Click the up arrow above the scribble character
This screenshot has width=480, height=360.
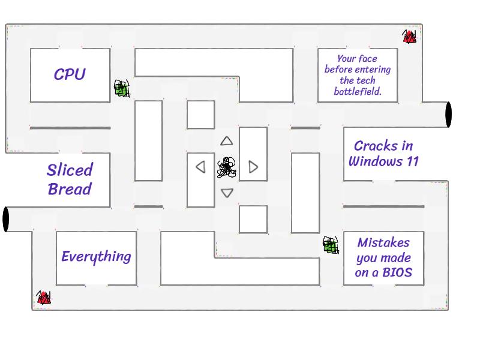coord(226,141)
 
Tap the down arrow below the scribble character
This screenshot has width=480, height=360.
coord(227,193)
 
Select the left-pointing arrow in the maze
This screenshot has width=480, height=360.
coord(201,167)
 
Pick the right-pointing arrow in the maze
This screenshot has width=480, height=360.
coord(253,167)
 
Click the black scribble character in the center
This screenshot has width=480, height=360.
coord(226,167)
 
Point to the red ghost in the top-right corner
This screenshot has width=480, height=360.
coord(409,37)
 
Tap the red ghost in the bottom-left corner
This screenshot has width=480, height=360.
coord(43,297)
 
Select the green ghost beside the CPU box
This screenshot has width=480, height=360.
coord(122,89)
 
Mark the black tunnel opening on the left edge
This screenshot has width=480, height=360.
coord(6,219)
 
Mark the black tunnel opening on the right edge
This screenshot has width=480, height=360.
coord(448,114)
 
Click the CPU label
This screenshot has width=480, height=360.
coord(70,74)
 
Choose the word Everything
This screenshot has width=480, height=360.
coord(96,257)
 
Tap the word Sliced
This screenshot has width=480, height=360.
coord(70,170)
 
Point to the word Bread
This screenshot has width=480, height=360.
coord(70,189)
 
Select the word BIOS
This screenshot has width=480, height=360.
coord(397,274)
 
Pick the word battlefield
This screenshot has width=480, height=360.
coord(358,92)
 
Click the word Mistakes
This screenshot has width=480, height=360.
coord(383,242)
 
